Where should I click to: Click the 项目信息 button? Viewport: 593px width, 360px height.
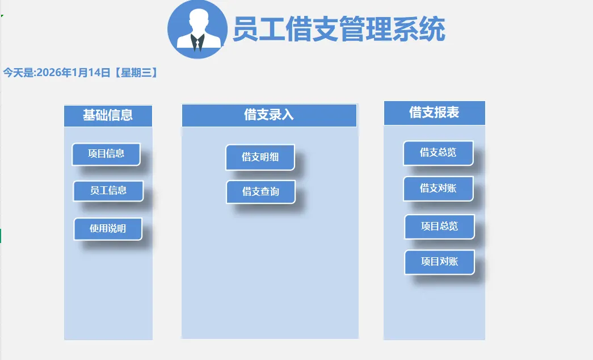[106, 154]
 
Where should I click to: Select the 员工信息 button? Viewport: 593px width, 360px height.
[108, 191]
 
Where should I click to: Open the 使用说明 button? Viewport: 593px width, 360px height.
[107, 229]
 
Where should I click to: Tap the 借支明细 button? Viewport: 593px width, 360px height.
[260, 157]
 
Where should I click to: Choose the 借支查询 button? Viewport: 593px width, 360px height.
[260, 192]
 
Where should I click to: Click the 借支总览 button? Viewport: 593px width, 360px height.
[438, 153]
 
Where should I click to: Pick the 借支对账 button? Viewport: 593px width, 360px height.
[438, 189]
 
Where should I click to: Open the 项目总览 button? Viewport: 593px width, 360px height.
[439, 227]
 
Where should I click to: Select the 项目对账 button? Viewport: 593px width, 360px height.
[439, 262]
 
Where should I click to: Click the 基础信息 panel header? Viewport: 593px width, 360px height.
[108, 115]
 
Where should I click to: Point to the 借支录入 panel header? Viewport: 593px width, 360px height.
[269, 115]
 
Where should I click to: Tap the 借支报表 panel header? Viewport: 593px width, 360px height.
[434, 113]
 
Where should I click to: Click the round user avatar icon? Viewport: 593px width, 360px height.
[197, 30]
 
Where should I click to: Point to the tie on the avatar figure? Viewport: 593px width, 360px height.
[197, 43]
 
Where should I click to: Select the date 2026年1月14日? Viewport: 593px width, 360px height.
[73, 73]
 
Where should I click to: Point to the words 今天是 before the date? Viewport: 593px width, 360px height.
[18, 73]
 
